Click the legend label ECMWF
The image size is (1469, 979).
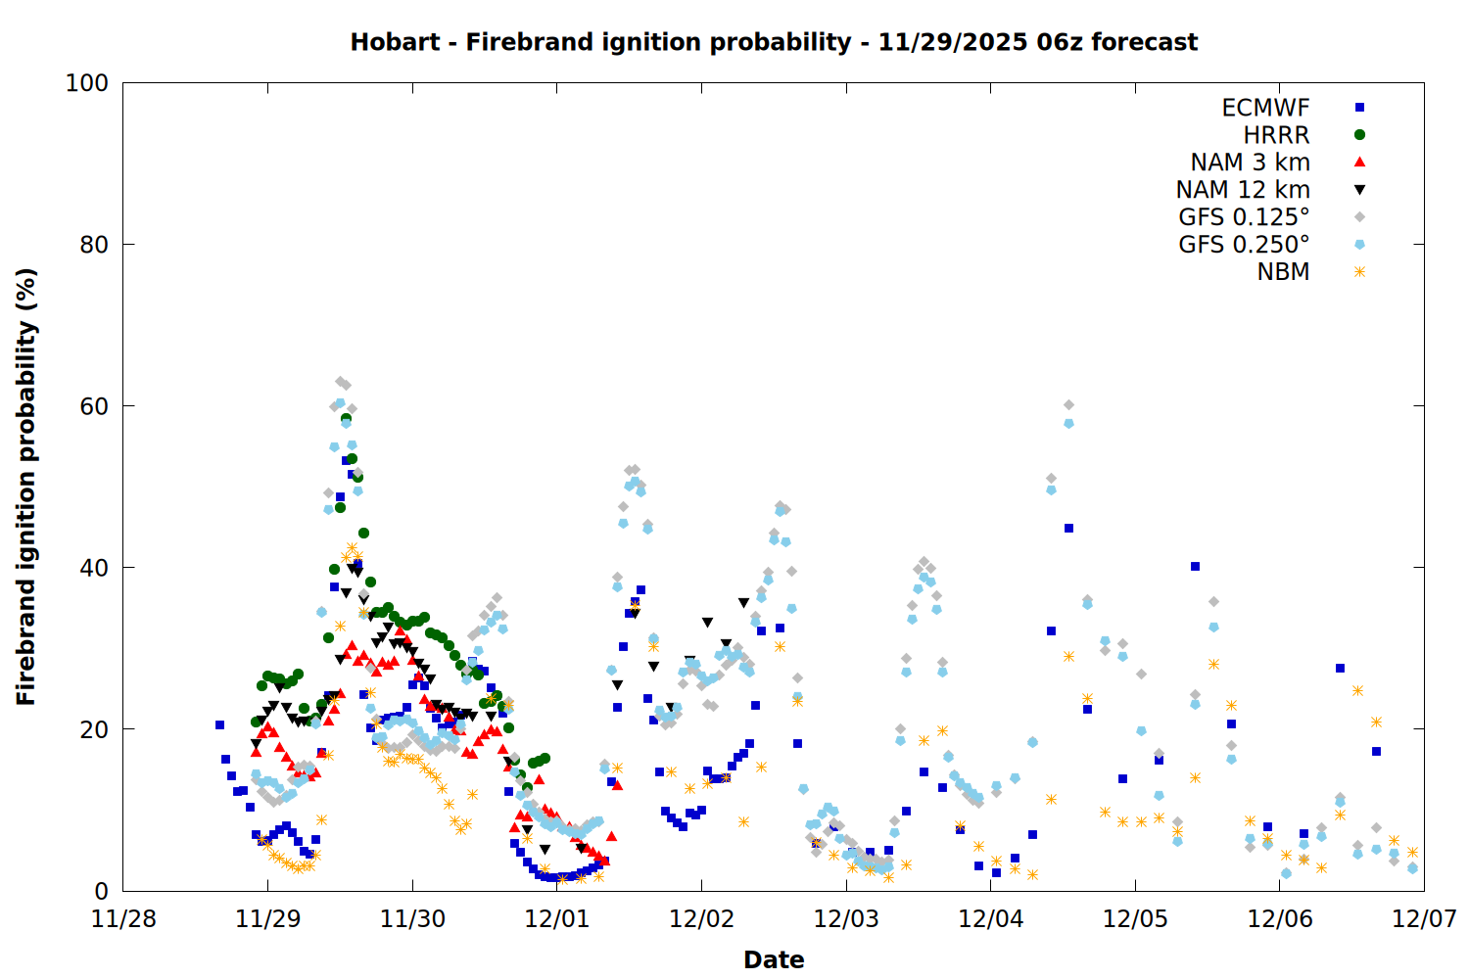[1265, 108]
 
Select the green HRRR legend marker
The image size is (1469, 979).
[1359, 135]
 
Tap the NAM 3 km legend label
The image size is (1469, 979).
[1250, 163]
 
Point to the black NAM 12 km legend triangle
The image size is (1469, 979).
[1359, 190]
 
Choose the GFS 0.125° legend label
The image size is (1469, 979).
[1244, 217]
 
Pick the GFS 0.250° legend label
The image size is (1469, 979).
[1244, 245]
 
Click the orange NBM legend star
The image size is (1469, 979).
[1359, 272]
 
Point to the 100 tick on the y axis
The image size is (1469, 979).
[87, 83]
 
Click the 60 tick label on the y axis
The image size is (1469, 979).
[94, 406]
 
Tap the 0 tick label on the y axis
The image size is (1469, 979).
[101, 891]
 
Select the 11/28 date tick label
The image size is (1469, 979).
[123, 919]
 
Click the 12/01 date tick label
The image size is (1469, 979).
[556, 919]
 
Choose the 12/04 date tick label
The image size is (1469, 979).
[990, 919]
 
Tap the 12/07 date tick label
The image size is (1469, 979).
[1424, 919]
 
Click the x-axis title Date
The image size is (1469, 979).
[774, 959]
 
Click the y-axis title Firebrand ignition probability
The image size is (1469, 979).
[26, 487]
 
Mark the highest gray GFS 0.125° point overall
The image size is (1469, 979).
[340, 382]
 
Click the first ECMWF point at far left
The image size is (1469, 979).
[219, 725]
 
